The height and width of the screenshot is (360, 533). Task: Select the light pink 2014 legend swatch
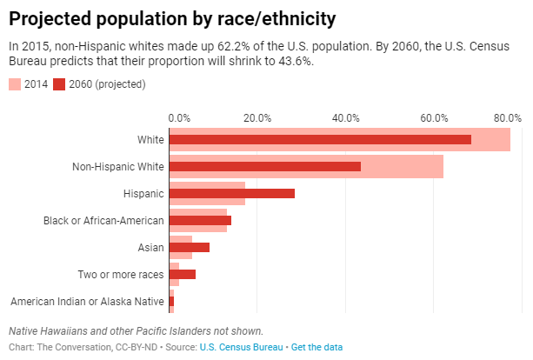(15, 84)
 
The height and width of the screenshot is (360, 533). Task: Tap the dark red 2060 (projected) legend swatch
(60, 84)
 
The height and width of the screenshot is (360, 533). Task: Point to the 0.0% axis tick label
(178, 117)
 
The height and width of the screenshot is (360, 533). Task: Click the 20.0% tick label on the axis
(257, 117)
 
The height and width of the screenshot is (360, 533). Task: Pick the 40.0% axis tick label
(346, 117)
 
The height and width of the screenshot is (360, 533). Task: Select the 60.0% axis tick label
(434, 117)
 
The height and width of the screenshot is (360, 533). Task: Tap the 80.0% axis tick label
(507, 117)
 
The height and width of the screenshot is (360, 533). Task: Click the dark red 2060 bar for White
(320, 139)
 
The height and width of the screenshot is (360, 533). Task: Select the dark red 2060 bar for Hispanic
(232, 193)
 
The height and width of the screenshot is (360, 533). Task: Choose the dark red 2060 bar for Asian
(190, 247)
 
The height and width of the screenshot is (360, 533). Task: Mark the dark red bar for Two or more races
(183, 274)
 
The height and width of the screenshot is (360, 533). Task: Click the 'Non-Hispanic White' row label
(117, 166)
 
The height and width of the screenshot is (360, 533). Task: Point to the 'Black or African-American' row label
(103, 220)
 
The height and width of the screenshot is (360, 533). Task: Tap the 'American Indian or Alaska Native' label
(87, 301)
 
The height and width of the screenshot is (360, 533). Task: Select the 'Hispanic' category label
(144, 193)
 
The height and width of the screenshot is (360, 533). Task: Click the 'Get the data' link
(316, 347)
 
